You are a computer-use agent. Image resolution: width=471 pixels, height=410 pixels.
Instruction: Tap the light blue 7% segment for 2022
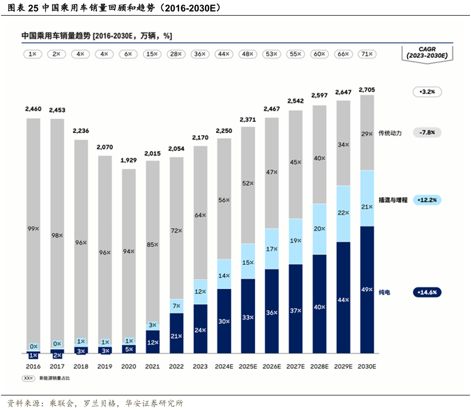[176, 306]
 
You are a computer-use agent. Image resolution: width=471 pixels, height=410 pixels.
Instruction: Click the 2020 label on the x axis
[128, 366]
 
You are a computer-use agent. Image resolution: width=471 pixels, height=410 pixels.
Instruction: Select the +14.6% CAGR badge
[427, 292]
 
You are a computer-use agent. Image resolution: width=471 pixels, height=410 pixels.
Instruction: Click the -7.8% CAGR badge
[427, 133]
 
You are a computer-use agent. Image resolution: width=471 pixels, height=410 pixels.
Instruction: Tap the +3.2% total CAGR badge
[427, 92]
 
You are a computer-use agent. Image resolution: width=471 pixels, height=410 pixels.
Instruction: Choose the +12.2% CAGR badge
[427, 200]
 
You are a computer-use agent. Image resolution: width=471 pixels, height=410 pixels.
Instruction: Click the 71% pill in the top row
[367, 54]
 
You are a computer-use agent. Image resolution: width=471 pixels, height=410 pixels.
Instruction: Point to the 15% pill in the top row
[152, 54]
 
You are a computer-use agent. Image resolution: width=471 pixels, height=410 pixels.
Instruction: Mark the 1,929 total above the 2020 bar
[128, 146]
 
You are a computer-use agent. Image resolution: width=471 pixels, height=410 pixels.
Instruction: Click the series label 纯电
[384, 292]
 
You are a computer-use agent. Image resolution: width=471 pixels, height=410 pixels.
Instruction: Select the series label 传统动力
[390, 133]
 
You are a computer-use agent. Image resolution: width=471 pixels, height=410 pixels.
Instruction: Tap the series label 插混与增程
[392, 200]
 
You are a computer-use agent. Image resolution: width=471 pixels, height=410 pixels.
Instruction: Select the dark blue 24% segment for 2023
[200, 329]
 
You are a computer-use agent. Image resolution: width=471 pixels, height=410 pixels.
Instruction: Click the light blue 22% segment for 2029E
[343, 213]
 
